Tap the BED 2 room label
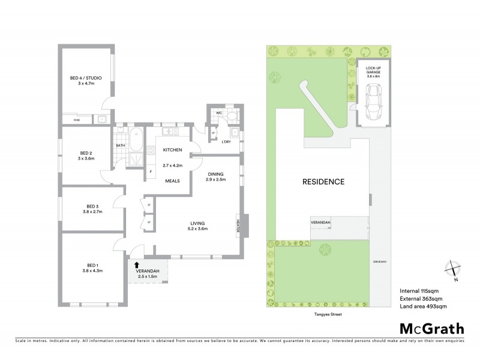click(85, 155)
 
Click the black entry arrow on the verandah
click(137, 264)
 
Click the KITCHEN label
click(172, 149)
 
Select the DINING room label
click(215, 176)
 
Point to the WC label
click(218, 112)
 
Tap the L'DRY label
click(227, 142)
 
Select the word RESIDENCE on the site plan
click(323, 182)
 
